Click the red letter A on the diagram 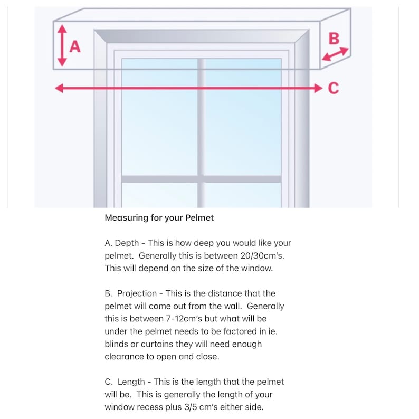pyautogui.click(x=75, y=46)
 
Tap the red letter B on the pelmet pyautogui.click(x=334, y=38)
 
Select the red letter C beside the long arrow pyautogui.click(x=334, y=88)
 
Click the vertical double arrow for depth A pyautogui.click(x=62, y=45)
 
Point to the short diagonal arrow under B pyautogui.click(x=335, y=54)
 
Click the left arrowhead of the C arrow pyautogui.click(x=59, y=88)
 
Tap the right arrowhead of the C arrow pyautogui.click(x=319, y=88)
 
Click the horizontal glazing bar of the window pyautogui.click(x=202, y=179)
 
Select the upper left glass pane pyautogui.click(x=160, y=117)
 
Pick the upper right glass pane pyautogui.click(x=243, y=117)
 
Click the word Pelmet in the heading pyautogui.click(x=199, y=218)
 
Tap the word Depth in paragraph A pyautogui.click(x=127, y=243)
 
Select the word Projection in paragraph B pyautogui.click(x=137, y=294)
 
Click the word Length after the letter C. pyautogui.click(x=131, y=382)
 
